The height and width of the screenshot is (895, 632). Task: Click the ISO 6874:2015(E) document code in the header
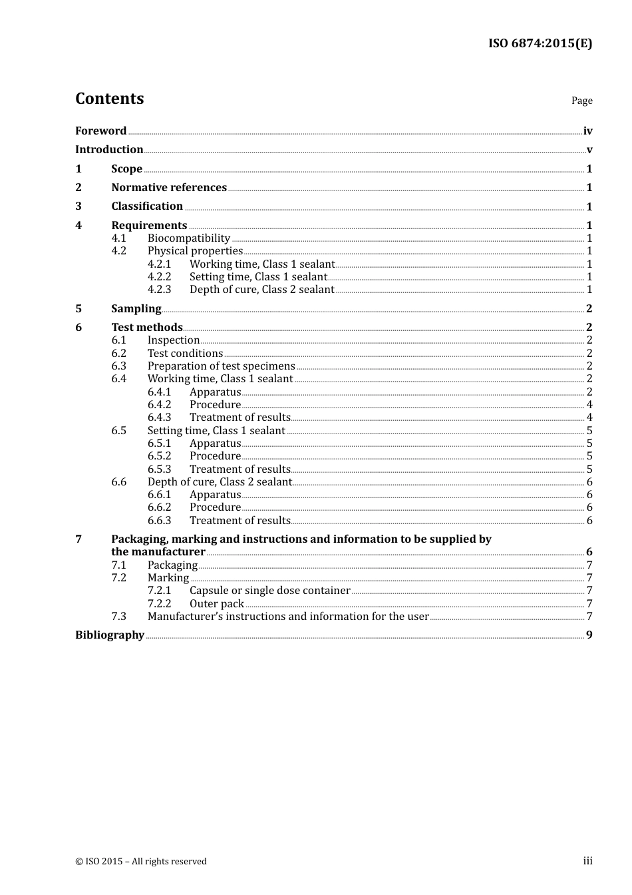[x=540, y=43]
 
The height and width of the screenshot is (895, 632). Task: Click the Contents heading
[x=109, y=99]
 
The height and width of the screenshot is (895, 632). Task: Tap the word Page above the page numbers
[x=581, y=101]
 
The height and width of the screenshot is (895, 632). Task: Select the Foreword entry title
[x=100, y=131]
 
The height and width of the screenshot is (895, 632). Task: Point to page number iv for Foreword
[x=587, y=131]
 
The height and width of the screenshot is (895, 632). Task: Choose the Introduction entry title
[x=109, y=149]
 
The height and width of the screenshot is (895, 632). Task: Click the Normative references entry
[x=169, y=187]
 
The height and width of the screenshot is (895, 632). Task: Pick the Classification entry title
[x=147, y=206]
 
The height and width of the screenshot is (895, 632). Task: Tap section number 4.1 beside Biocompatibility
[x=119, y=238]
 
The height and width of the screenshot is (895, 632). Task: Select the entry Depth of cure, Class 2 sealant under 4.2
[x=261, y=289]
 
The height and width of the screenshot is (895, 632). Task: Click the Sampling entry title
[x=136, y=308]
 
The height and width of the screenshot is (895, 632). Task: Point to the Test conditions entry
[x=185, y=353]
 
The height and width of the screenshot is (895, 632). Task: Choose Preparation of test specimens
[x=221, y=366]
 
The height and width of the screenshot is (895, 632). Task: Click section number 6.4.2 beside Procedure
[x=160, y=404]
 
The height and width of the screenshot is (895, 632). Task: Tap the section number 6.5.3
[x=160, y=469]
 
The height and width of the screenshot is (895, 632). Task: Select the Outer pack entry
[x=217, y=603]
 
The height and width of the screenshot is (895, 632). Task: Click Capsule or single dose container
[x=269, y=590]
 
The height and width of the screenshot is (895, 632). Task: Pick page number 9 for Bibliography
[x=589, y=635]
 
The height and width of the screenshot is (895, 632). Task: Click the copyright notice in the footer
[x=141, y=861]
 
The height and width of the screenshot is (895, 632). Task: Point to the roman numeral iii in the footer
[x=587, y=861]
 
